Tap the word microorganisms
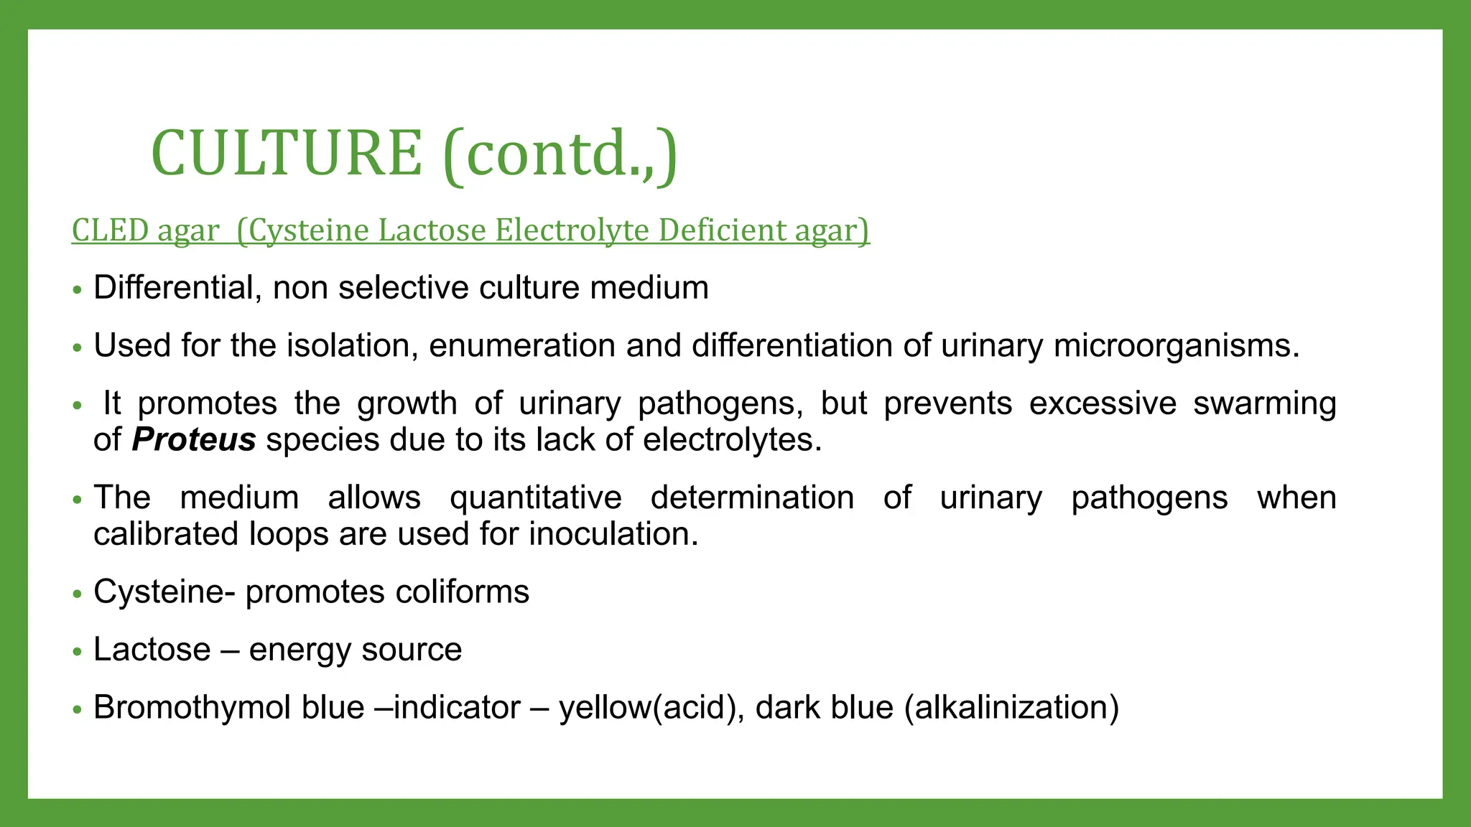[x=1177, y=346]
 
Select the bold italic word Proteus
[x=194, y=439]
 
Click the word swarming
[x=1264, y=403]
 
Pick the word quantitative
[x=535, y=497]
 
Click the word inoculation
[x=613, y=534]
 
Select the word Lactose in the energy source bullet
[x=152, y=650]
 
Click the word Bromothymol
[x=192, y=708]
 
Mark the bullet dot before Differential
[x=78, y=290]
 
